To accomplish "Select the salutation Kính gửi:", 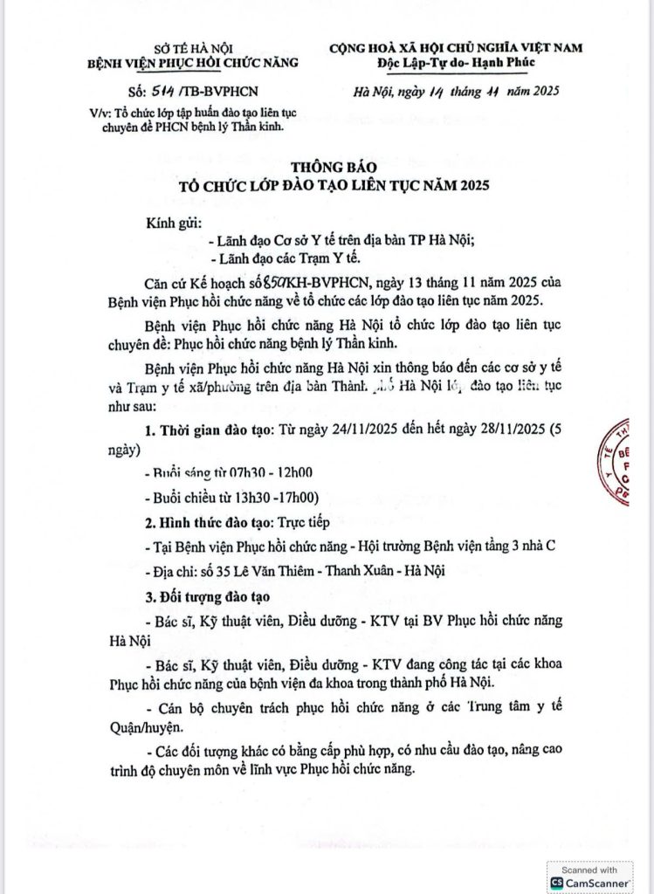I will click(175, 223).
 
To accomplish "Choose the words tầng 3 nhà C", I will click(511, 547).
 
